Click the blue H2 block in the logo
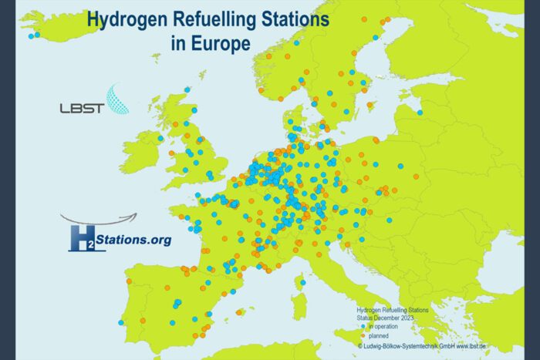86,238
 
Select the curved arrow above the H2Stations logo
100,220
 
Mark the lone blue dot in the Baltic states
420,113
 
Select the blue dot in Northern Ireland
160,139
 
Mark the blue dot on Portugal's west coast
121,323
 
